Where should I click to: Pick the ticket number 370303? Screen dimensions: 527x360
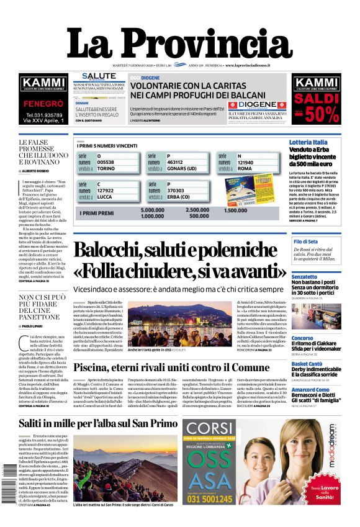click(x=179, y=191)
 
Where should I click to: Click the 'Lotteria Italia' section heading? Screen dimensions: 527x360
click(x=308, y=143)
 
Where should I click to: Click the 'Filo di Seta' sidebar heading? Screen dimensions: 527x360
click(x=305, y=241)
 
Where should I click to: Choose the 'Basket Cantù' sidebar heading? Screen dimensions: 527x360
click(x=308, y=364)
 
